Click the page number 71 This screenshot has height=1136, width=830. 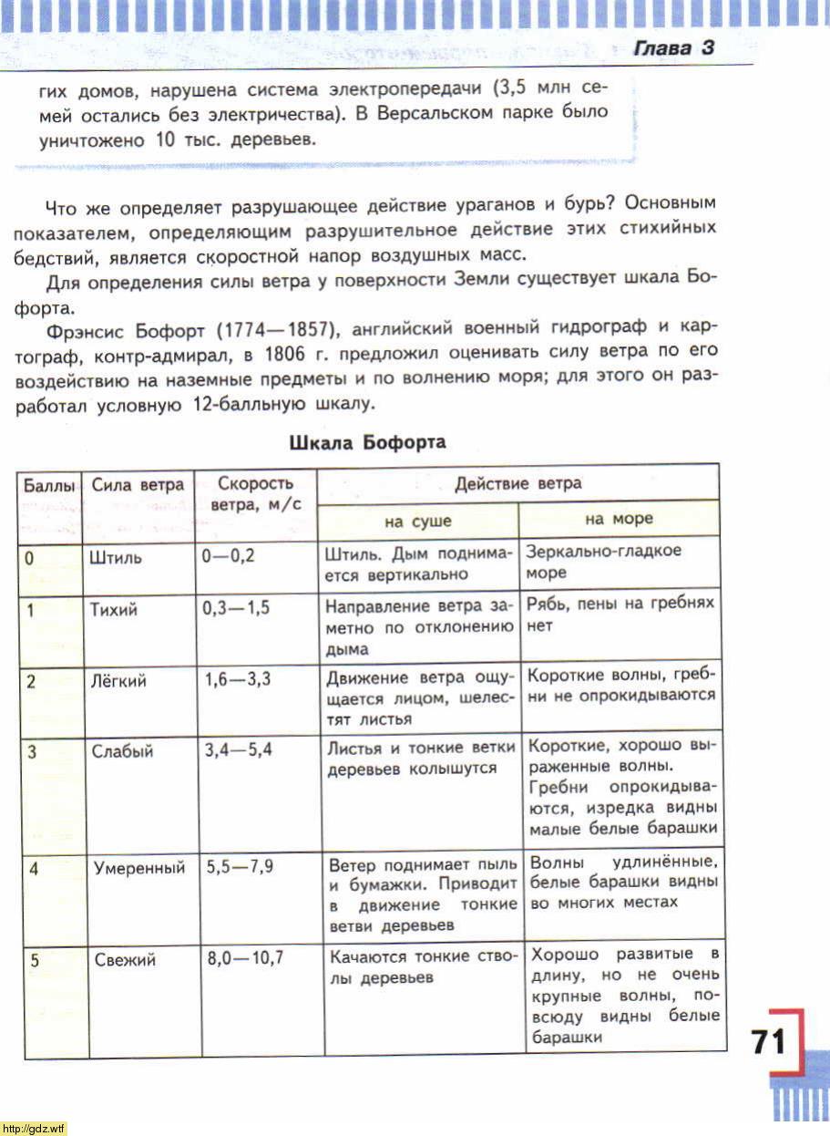[x=767, y=1041]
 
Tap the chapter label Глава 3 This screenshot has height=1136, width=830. [x=673, y=49]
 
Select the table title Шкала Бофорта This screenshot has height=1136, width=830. [x=367, y=443]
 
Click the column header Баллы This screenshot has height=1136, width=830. [x=49, y=485]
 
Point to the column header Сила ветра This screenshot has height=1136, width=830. [x=138, y=485]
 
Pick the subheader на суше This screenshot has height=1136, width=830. [x=417, y=521]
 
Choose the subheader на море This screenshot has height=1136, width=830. [x=619, y=519]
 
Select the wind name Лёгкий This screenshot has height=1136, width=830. [x=118, y=681]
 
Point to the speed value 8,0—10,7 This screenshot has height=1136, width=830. [x=246, y=958]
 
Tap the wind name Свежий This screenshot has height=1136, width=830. [x=125, y=959]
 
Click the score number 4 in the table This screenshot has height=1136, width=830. [x=33, y=868]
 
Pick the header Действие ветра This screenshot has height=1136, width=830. [x=517, y=482]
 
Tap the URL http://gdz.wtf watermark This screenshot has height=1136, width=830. [x=34, y=1129]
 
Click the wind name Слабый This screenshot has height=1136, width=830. [x=122, y=751]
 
